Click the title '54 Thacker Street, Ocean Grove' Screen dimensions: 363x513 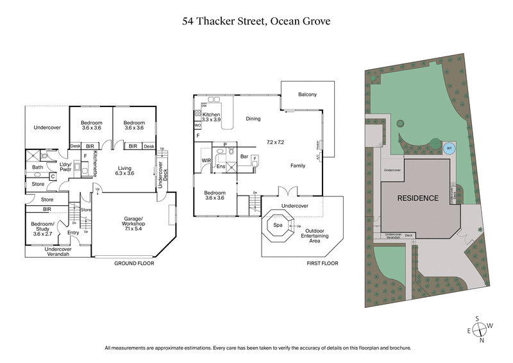[256, 21]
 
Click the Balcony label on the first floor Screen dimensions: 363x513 [307, 95]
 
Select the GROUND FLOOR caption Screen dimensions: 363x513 [134, 264]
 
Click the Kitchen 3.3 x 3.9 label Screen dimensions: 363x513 [211, 117]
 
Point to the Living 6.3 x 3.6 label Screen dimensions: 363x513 [124, 169]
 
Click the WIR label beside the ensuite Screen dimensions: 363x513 [206, 160]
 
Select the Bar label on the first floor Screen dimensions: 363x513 [244, 156]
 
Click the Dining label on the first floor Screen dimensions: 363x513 [253, 119]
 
